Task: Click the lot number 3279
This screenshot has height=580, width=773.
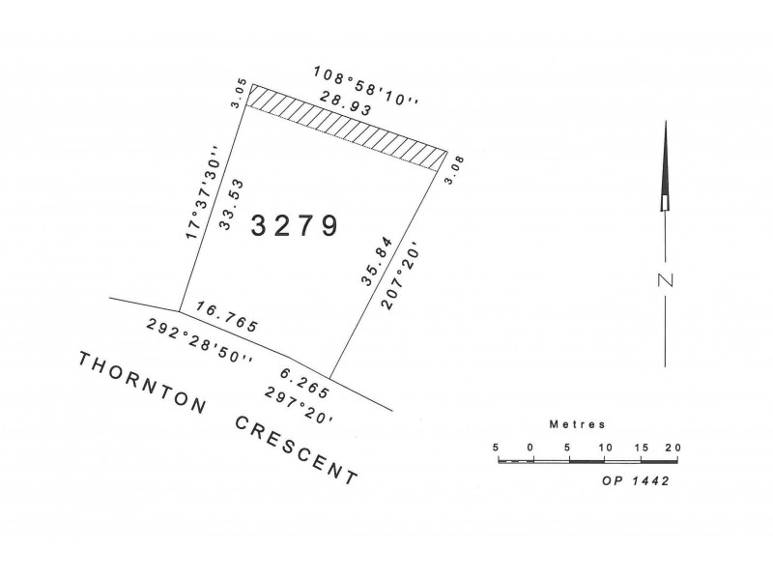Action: (x=295, y=226)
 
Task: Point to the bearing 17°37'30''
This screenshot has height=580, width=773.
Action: (x=200, y=193)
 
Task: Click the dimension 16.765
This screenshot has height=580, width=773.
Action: (x=226, y=317)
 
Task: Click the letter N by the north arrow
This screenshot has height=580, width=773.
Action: (x=665, y=281)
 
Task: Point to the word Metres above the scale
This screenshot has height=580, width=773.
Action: (x=577, y=424)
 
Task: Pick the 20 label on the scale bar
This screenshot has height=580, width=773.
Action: (x=673, y=448)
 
